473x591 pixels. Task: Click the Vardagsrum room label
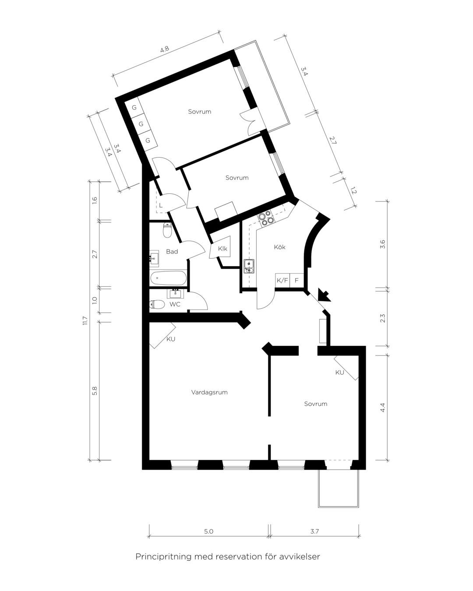[209, 392]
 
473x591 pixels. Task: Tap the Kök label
[279, 247]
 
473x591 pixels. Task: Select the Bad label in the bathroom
[172, 251]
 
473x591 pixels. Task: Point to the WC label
[175, 304]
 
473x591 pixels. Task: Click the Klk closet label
[222, 249]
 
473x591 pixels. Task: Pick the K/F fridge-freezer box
[282, 280]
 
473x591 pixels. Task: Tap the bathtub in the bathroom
[168, 278]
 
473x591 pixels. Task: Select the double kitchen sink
[249, 267]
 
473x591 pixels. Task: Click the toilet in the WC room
[157, 304]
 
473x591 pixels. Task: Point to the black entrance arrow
[324, 295]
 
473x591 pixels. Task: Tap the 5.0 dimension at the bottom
[208, 531]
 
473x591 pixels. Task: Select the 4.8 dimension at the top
[164, 49]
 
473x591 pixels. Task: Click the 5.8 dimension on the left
[95, 391]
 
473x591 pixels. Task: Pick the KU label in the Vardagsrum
[171, 339]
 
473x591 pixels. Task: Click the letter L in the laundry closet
[161, 205]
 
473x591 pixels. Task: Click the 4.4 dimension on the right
[383, 408]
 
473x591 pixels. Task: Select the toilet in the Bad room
[167, 230]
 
